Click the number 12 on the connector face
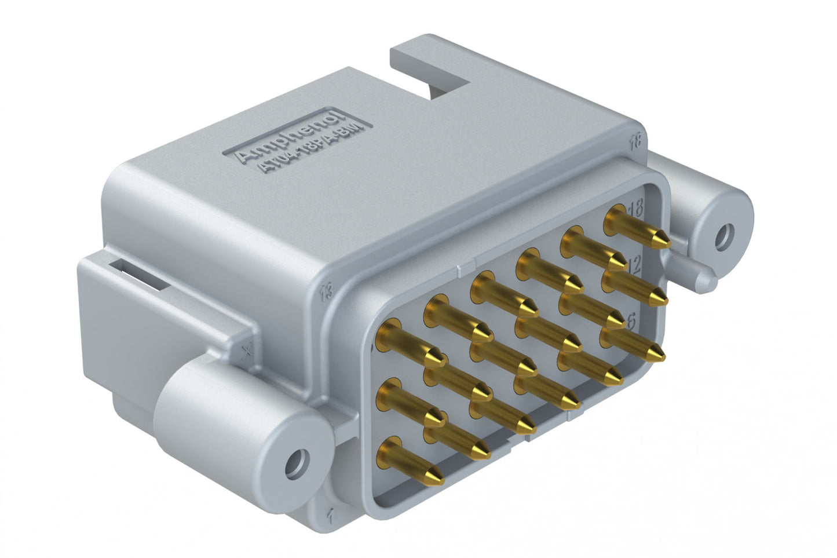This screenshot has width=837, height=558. (x=633, y=265)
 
